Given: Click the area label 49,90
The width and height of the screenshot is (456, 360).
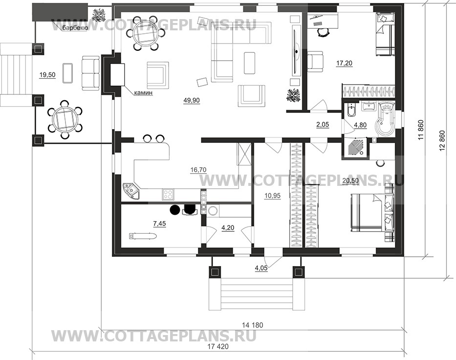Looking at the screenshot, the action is [x=192, y=100].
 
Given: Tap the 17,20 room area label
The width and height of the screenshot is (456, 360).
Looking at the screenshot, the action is [x=345, y=63].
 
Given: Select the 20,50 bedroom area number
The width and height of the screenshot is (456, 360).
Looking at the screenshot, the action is [x=350, y=180].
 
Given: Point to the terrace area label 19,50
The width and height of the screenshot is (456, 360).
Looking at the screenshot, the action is [x=47, y=75].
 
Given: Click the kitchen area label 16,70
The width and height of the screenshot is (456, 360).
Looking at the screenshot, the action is [x=198, y=170].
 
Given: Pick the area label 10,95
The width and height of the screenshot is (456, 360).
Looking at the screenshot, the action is [x=273, y=196].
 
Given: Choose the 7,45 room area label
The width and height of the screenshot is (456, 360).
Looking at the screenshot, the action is [x=160, y=224].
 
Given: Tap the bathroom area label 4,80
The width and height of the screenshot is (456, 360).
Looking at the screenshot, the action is [x=360, y=125].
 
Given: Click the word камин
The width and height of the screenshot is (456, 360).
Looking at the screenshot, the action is [x=143, y=93].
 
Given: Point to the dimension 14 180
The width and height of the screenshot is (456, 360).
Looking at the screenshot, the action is [x=252, y=325].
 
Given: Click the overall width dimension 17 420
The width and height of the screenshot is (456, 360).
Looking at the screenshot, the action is [x=218, y=347].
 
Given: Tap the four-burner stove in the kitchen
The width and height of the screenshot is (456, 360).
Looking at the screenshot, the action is [x=168, y=194].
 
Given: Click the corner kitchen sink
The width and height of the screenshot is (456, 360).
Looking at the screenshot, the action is [x=131, y=191].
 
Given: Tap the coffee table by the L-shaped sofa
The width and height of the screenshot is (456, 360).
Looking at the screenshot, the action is [x=250, y=63].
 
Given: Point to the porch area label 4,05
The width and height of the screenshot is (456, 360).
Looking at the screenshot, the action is [x=261, y=269].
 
